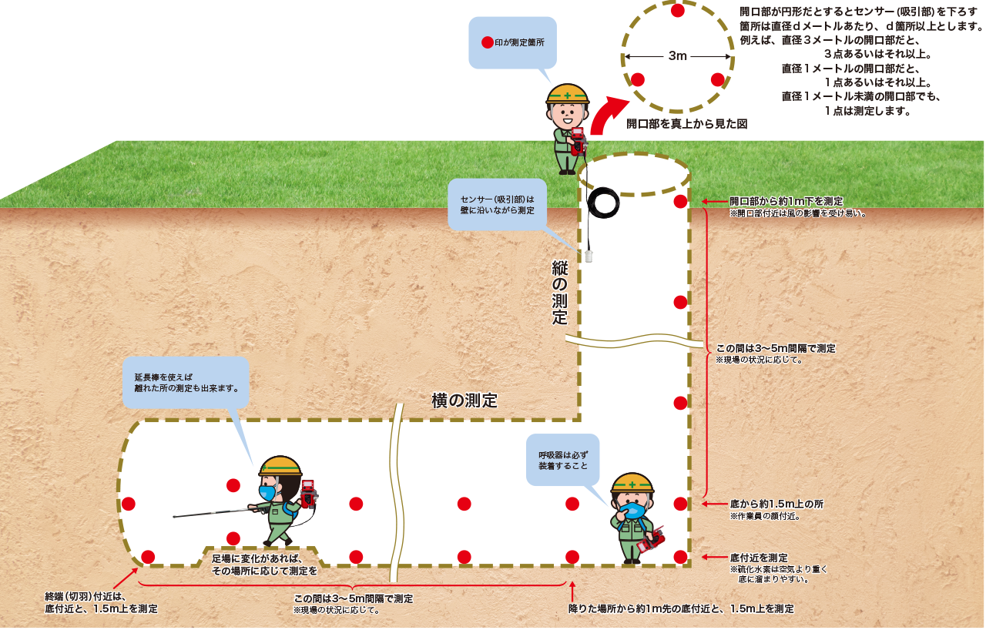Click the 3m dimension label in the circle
tap(677, 56)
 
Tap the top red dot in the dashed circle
tap(677, 10)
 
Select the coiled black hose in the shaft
tap(603, 203)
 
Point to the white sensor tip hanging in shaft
tap(589, 256)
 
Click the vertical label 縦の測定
tap(559, 292)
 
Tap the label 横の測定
tap(464, 400)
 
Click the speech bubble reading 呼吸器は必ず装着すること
tap(563, 461)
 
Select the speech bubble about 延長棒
tap(186, 383)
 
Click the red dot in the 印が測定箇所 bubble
tap(487, 42)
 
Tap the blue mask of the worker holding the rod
tap(267, 492)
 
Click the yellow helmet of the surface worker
tap(568, 94)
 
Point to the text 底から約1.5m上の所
tap(776, 504)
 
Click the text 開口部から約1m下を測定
tap(786, 201)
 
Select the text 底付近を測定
tap(759, 558)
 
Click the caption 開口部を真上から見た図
tap(686, 124)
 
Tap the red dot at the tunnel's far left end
tap(128, 504)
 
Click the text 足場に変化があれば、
tap(257, 558)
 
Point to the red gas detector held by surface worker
tap(578, 142)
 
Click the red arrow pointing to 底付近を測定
tap(715, 557)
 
